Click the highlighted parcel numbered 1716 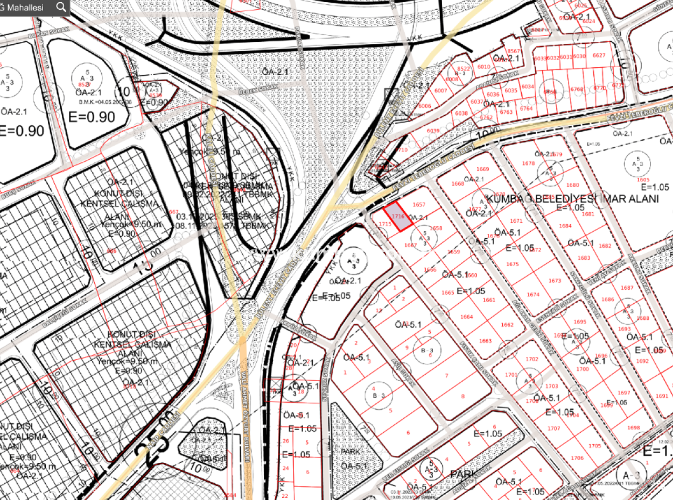point(399,216)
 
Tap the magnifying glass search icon point(62,7)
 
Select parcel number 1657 point(418,205)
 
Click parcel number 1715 point(384,224)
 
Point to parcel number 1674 point(533,295)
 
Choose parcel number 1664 point(466,317)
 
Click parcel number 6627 point(599,56)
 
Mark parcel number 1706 point(577,458)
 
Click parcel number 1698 point(634,428)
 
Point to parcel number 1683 point(584,258)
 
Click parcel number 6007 point(441,91)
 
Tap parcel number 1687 point(627,288)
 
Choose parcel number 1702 point(531,359)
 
